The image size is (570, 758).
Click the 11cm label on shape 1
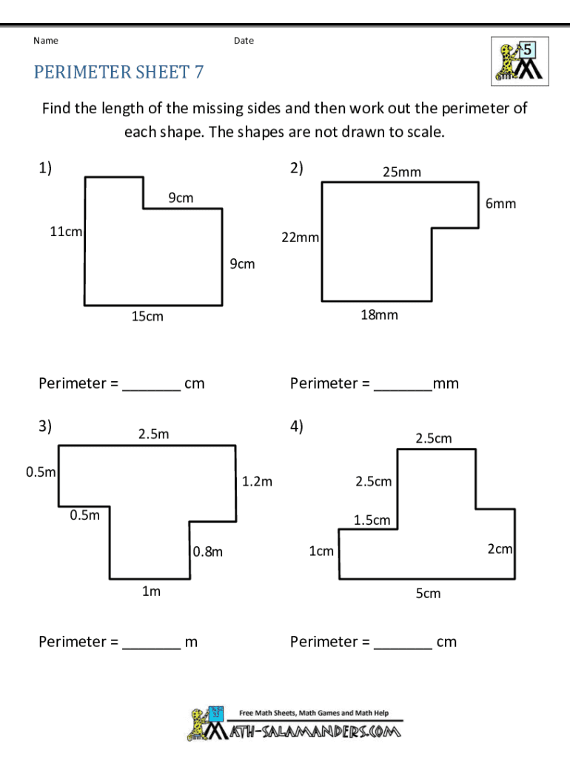tap(66, 232)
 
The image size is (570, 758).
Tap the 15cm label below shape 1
tap(147, 317)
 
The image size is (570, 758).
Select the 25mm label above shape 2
tap(401, 172)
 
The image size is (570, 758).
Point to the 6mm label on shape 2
tap(500, 204)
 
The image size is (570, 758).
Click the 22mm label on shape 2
tap(300, 238)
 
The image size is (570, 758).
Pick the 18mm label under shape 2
tap(379, 315)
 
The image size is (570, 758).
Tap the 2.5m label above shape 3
tap(153, 435)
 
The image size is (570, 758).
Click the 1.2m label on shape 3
tap(257, 482)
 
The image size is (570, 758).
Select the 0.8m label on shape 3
tap(208, 551)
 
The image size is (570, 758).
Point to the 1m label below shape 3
tap(151, 591)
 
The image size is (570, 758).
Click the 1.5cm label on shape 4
tap(372, 520)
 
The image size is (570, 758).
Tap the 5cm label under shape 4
tap(428, 594)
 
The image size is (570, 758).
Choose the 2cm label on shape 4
tap(500, 549)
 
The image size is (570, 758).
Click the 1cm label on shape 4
tap(321, 551)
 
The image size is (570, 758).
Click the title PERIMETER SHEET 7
tap(118, 72)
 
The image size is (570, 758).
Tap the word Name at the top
tap(46, 41)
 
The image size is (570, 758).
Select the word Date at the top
tap(244, 41)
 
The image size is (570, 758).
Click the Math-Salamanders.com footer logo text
tap(318, 732)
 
